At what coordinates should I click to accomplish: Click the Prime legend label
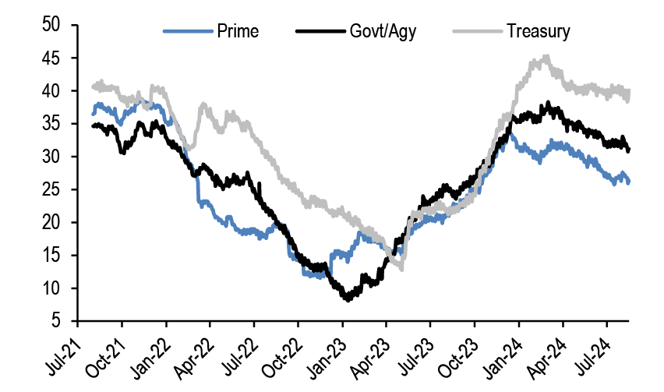click(x=238, y=32)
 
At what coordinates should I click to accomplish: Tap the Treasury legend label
click(x=539, y=32)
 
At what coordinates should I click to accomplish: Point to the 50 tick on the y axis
click(x=52, y=25)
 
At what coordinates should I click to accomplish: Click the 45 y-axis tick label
click(x=52, y=58)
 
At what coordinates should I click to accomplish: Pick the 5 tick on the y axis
click(x=57, y=321)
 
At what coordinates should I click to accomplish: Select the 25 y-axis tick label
click(x=52, y=189)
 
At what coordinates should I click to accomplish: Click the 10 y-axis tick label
click(x=52, y=288)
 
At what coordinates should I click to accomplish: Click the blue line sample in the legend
click(x=188, y=32)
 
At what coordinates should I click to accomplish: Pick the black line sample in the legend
click(x=320, y=32)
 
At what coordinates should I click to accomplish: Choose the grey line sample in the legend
click(x=476, y=32)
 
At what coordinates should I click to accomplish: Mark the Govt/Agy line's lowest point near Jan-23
click(x=348, y=298)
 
